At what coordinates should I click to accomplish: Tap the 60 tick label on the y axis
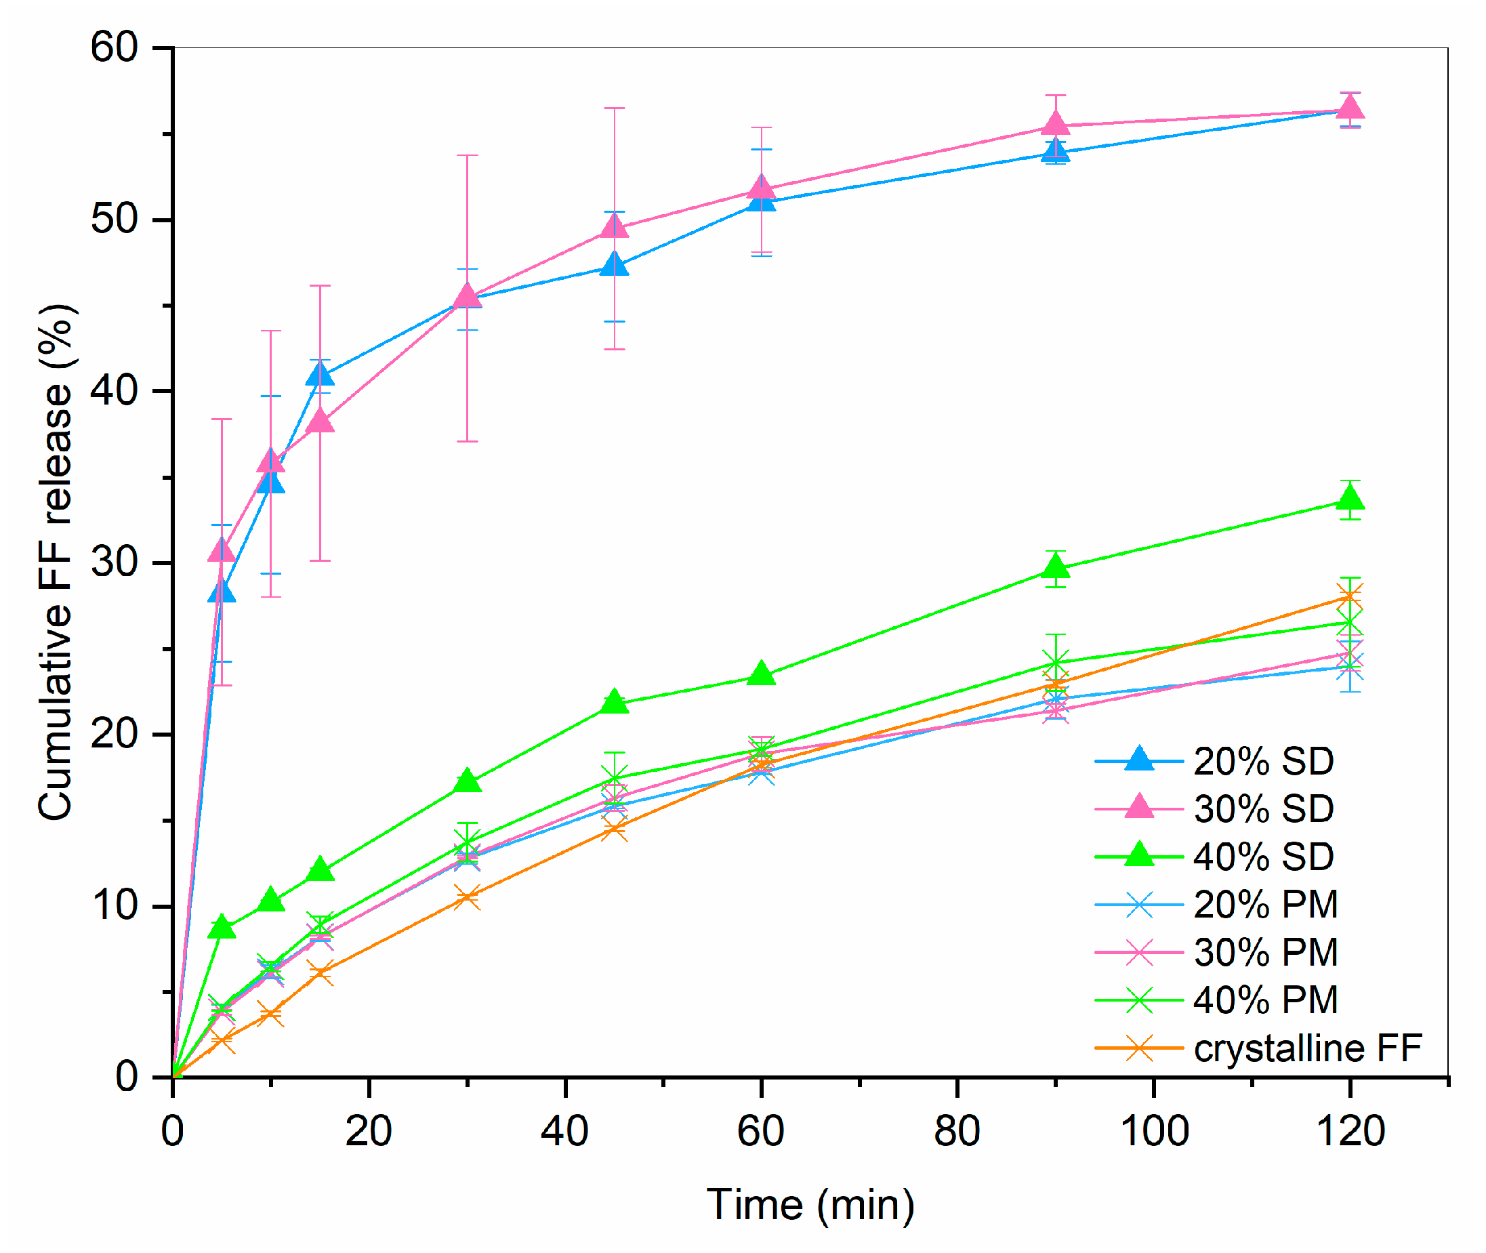114,47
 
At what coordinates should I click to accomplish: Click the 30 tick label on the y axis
114,562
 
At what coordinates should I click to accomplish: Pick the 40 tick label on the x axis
564,1131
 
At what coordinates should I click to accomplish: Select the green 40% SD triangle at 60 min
762,674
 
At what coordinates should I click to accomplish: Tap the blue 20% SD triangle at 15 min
321,373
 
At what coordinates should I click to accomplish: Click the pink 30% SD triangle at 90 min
1056,124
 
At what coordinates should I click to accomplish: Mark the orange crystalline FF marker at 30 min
468,897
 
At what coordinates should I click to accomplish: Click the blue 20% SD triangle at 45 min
615,266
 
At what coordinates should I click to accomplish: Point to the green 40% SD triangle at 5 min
222,927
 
